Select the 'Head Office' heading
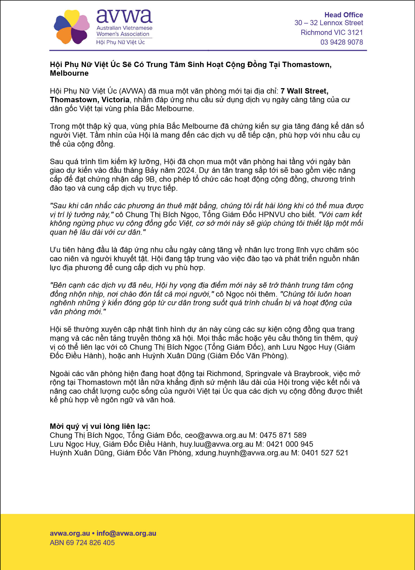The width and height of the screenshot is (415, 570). (x=343, y=15)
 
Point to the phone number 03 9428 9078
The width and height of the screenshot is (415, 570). (x=341, y=42)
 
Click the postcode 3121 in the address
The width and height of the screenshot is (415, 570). (x=355, y=32)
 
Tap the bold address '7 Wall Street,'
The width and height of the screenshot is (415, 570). (x=304, y=91)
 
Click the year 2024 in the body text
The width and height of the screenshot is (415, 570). (x=186, y=170)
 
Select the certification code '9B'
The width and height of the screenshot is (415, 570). (x=150, y=179)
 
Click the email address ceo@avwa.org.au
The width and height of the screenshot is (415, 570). (x=216, y=435)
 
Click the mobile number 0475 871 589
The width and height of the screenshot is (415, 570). (x=283, y=435)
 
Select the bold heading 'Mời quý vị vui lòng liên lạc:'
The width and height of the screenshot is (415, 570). (x=100, y=426)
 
